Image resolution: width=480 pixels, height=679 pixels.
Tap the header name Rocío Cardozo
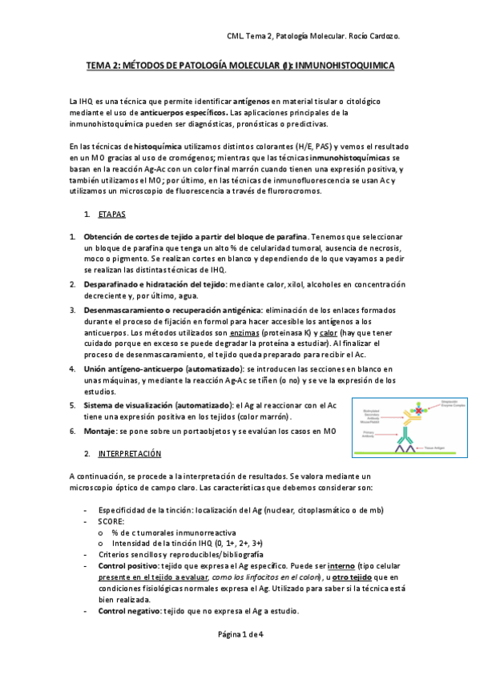coord(373,36)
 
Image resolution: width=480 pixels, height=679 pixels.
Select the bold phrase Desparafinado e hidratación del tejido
coord(155,284)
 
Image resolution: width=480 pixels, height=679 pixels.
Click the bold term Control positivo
coord(128,565)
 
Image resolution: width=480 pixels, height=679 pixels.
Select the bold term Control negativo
coord(130,611)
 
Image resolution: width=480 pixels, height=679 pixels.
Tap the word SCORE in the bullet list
coord(111,520)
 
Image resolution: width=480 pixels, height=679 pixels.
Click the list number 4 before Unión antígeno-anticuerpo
coord(73,368)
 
